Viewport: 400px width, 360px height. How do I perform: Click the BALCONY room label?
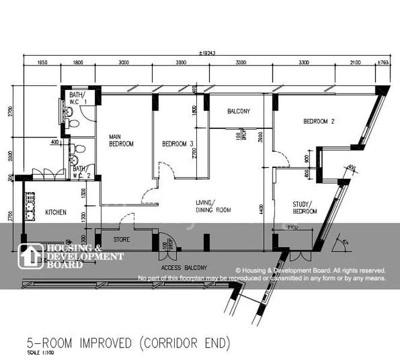point(238,112)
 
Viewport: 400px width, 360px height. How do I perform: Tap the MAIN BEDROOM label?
point(121,140)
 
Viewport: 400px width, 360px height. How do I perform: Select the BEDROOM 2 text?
point(318,121)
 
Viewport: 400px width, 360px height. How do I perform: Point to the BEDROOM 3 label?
point(177,144)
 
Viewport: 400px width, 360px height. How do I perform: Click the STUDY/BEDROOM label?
point(305,208)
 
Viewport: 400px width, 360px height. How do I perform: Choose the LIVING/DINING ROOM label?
point(213,206)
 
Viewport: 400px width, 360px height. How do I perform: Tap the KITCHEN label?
point(55,212)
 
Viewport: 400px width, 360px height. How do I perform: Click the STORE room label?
point(121,240)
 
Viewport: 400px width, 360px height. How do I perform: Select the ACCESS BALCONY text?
point(184,267)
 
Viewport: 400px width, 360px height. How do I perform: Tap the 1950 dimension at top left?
point(43,62)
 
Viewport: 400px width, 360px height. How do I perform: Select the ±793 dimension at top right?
point(382,62)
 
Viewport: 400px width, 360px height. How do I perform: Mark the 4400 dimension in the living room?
point(261,207)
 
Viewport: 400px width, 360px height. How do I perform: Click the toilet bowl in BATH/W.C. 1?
point(73,124)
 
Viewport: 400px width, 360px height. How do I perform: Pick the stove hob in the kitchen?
point(28,206)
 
